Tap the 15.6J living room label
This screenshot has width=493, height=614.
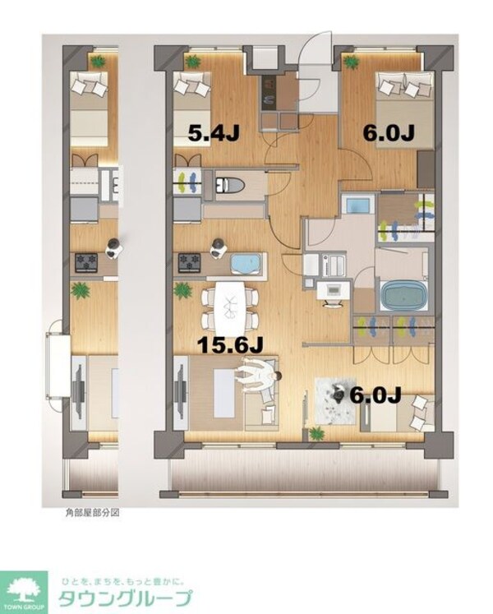230,346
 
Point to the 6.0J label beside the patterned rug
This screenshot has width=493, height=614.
375,395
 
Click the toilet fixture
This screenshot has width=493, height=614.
226,183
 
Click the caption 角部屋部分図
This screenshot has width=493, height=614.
93,511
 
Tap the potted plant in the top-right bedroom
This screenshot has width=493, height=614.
349,61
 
